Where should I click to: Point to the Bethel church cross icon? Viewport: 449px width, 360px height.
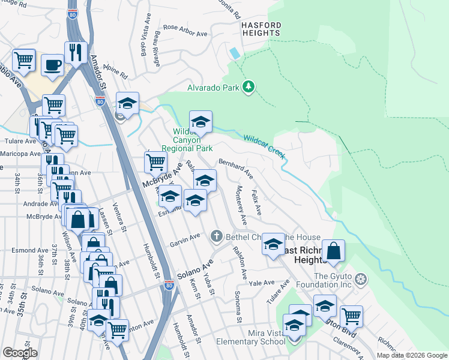click(x=217, y=237)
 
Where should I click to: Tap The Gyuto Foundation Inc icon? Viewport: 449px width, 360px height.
click(x=361, y=279)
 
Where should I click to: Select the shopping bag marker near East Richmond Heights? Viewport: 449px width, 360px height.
click(x=334, y=251)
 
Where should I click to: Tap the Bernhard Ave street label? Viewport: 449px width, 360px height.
click(x=236, y=167)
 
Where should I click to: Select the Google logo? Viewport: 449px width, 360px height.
click(x=20, y=353)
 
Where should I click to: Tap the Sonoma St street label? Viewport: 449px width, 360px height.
click(x=238, y=305)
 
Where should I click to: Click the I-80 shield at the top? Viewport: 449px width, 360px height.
click(x=72, y=26)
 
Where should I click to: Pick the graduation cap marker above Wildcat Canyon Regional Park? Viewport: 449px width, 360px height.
click(x=201, y=122)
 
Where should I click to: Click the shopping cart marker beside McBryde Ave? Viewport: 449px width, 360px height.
click(x=155, y=161)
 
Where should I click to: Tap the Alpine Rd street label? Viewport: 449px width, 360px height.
click(x=116, y=72)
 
